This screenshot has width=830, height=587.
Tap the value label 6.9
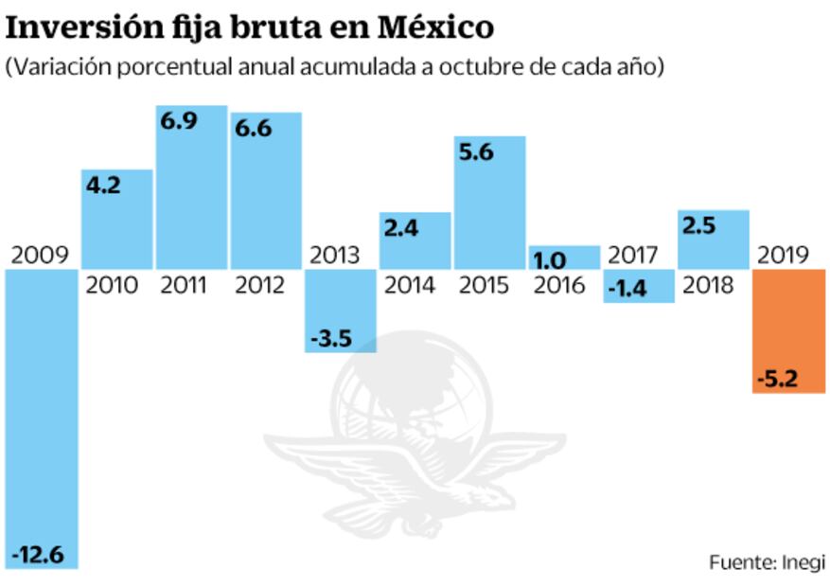tap(179, 122)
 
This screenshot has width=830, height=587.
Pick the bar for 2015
tap(489, 204)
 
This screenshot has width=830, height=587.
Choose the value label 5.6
tap(477, 153)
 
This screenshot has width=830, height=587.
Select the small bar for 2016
tap(564, 258)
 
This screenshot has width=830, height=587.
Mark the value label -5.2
tap(777, 381)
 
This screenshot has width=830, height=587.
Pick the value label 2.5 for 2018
tap(700, 227)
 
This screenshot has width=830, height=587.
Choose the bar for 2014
tap(415, 241)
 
